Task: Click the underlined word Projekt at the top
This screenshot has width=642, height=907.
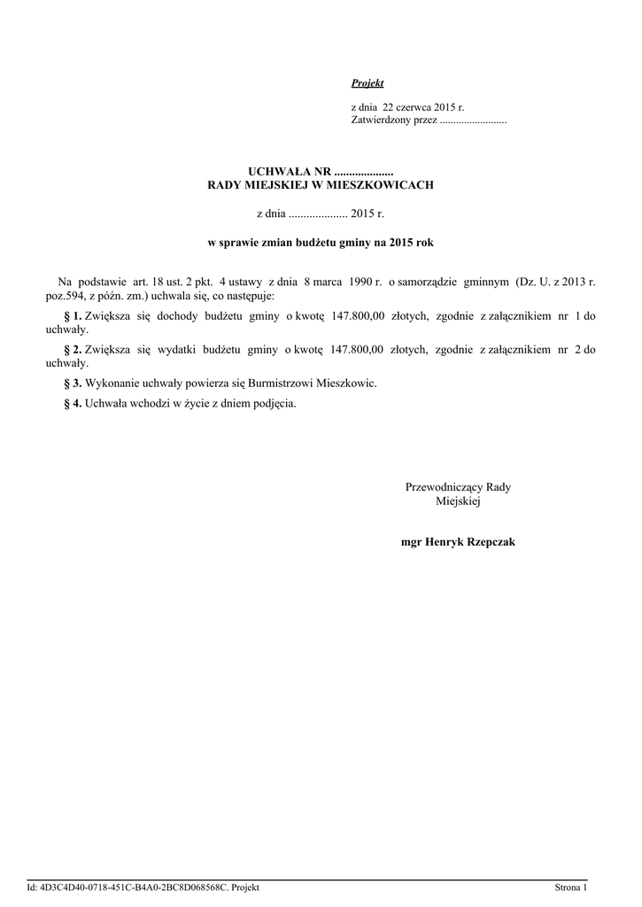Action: coord(367,83)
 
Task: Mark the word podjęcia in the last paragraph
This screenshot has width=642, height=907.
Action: coord(274,403)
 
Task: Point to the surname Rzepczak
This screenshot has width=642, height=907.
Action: coord(484,541)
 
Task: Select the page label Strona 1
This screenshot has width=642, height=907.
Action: coord(570,887)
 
